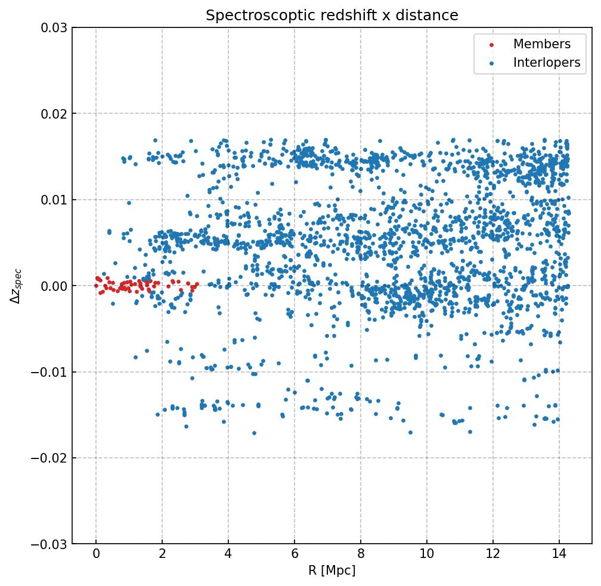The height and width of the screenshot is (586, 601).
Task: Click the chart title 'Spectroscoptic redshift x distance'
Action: [x=332, y=15]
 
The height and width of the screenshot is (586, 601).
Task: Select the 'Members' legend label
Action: [x=541, y=44]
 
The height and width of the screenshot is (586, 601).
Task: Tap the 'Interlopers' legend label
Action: [x=546, y=63]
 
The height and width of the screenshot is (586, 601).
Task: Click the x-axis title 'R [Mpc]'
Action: [x=332, y=571]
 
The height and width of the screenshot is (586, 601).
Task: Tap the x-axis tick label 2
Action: [x=162, y=554]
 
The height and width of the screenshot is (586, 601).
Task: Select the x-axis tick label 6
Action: [x=295, y=554]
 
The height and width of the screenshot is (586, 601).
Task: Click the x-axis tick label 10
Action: [x=426, y=554]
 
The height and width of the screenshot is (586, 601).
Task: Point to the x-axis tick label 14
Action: [x=559, y=554]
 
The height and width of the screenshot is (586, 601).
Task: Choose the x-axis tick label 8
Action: [x=361, y=554]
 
